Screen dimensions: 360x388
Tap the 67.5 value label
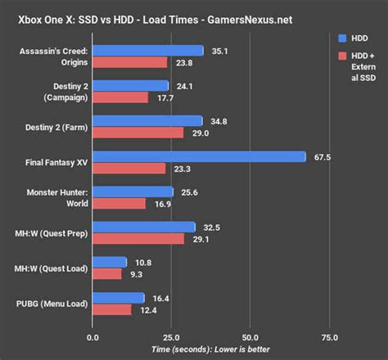coord(323,156)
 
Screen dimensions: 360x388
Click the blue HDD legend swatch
coord(341,38)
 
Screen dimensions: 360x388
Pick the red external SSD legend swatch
coord(341,56)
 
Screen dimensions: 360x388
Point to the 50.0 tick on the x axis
coord(250,337)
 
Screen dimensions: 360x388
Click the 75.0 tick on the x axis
coord(329,337)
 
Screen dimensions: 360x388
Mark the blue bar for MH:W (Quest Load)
coord(110,262)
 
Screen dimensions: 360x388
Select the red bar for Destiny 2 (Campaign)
coord(120,97)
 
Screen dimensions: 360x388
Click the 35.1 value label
coord(216,51)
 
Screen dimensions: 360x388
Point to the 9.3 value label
coord(134,274)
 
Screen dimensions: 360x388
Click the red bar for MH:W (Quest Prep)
coord(138,239)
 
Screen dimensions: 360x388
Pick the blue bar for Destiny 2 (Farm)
coord(147,121)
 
